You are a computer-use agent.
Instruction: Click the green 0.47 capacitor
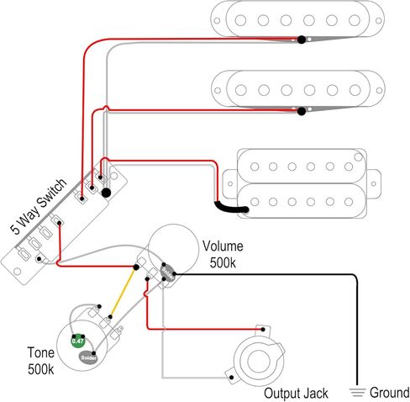point(78,341)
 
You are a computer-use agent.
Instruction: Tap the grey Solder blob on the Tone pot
point(88,357)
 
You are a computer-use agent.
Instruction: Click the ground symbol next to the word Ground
point(357,392)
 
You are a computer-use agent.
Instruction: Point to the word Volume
point(223,246)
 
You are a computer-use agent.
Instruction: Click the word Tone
point(40,352)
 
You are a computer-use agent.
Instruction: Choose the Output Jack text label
point(296,394)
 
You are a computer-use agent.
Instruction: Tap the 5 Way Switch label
point(39,206)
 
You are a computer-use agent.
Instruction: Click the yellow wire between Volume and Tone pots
point(123,293)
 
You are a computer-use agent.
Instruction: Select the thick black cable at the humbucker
point(230,209)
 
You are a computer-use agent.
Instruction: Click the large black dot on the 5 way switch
point(106,193)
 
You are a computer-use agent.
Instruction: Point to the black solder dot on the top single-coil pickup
point(302,40)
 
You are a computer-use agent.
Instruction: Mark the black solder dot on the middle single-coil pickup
point(302,111)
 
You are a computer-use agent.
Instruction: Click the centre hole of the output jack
point(258,361)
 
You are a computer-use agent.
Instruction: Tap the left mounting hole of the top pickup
point(217,21)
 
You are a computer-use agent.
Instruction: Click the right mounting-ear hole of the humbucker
point(373,184)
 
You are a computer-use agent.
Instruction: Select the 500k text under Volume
point(223,263)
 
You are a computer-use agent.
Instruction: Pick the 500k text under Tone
point(40,369)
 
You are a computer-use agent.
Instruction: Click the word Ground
point(390,393)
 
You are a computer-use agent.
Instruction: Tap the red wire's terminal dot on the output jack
point(263,330)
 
